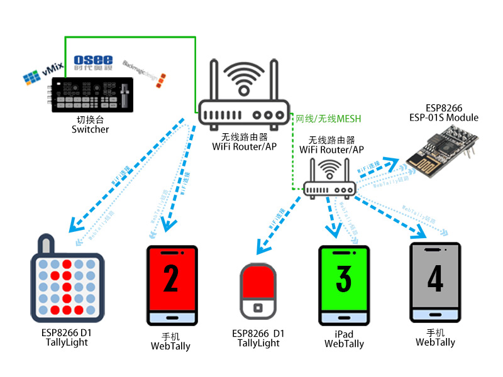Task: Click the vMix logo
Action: [41, 75]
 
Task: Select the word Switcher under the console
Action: [90, 129]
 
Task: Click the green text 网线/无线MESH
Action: [328, 118]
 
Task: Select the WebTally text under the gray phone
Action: [435, 342]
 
